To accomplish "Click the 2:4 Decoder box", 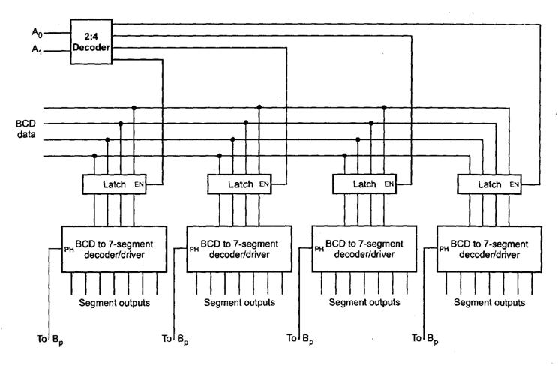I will click(92, 37).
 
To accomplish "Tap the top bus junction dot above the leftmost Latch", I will click(134, 108).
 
